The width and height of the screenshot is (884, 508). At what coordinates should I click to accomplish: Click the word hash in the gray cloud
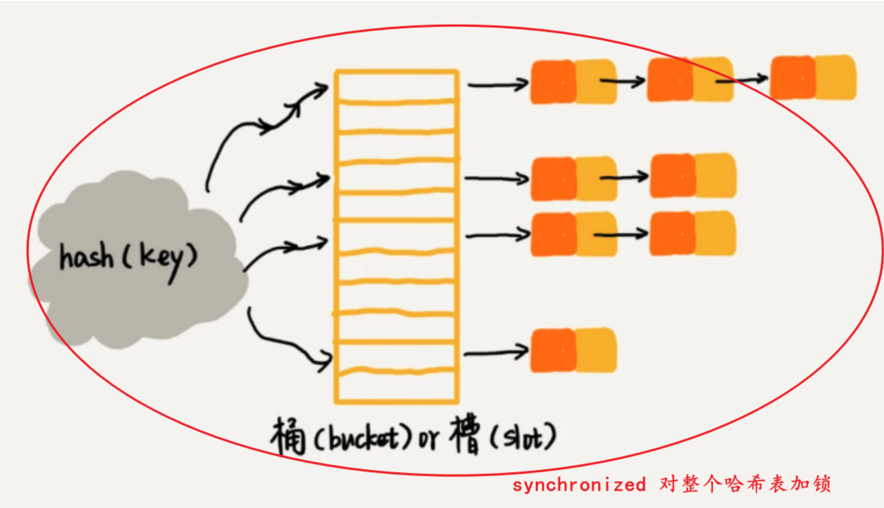click(x=86, y=256)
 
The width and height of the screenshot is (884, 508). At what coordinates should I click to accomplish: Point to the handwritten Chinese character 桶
click(x=288, y=436)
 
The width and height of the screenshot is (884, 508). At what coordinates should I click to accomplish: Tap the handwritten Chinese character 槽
click(x=465, y=434)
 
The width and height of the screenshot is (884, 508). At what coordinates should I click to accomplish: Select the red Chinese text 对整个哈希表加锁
click(x=745, y=484)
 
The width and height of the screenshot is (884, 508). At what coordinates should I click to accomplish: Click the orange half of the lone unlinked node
click(x=553, y=351)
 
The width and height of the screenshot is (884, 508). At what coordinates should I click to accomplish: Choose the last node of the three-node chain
click(x=813, y=77)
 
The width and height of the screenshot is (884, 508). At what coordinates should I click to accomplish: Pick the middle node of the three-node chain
click(x=690, y=80)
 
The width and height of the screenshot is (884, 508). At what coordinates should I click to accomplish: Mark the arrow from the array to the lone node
click(x=496, y=353)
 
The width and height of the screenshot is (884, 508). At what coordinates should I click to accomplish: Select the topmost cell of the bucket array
click(x=397, y=87)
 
